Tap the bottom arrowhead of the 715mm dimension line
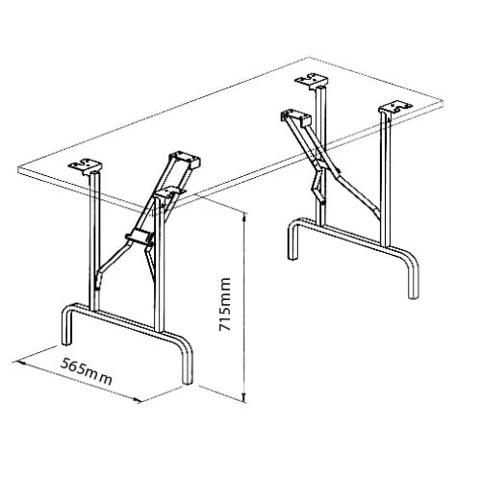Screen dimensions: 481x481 point(244,397)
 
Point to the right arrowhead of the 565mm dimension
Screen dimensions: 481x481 point(141,400)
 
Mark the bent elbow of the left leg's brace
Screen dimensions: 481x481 point(113,260)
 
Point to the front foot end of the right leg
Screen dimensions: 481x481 point(416,291)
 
